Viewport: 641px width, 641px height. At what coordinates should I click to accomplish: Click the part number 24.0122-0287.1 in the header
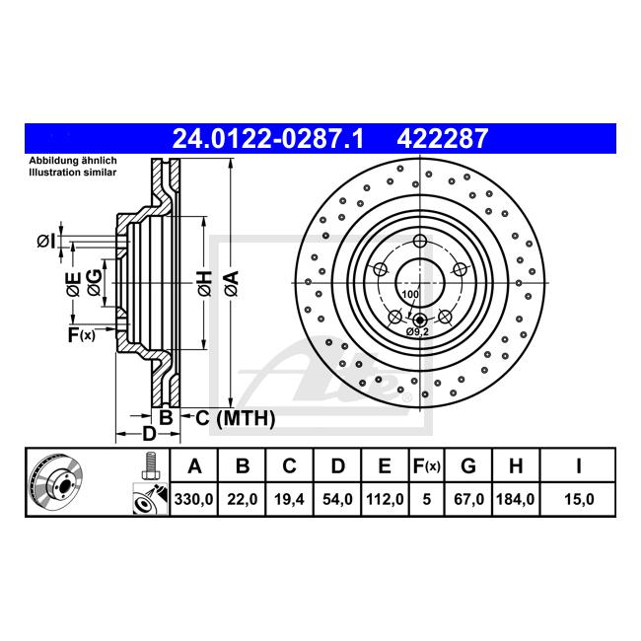pyautogui.click(x=268, y=139)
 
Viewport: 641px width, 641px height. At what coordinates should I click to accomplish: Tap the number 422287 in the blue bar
pyautogui.click(x=443, y=139)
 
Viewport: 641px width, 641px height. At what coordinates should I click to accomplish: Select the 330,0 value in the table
pyautogui.click(x=193, y=499)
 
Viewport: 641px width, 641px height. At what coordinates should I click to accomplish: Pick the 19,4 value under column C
pyautogui.click(x=289, y=499)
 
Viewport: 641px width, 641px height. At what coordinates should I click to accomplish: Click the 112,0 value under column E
pyautogui.click(x=385, y=499)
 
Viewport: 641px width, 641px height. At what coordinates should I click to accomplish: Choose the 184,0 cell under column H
pyautogui.click(x=516, y=499)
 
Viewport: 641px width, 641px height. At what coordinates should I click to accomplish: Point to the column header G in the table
pyautogui.click(x=468, y=465)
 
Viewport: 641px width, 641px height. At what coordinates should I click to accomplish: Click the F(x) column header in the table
pyautogui.click(x=426, y=466)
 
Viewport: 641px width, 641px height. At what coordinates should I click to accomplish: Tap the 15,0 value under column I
pyautogui.click(x=579, y=499)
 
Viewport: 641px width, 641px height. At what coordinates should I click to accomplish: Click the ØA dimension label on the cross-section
pyautogui.click(x=232, y=283)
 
